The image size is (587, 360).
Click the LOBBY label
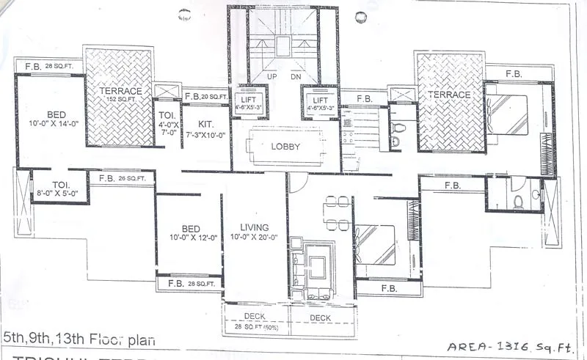tap(286, 146)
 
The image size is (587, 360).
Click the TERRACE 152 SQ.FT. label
tap(118, 95)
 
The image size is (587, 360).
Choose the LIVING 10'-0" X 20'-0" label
tap(254, 232)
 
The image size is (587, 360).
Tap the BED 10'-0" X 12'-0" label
tap(189, 232)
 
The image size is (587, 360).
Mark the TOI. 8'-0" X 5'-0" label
tap(60, 189)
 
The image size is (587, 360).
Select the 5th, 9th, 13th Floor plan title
tap(79, 339)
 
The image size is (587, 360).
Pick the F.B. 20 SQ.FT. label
tap(206, 96)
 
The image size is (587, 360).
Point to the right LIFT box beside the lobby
tap(320, 103)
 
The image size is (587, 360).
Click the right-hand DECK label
tap(320, 317)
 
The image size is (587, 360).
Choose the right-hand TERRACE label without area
tap(449, 95)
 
